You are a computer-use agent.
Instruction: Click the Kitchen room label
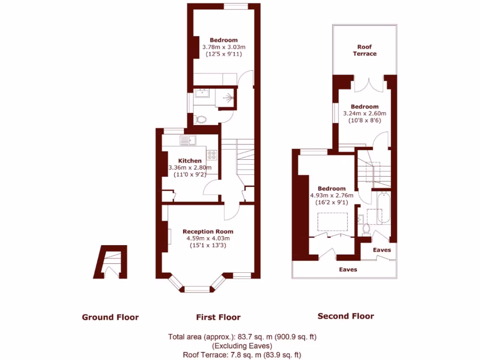190,161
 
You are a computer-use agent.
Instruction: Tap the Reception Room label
208,232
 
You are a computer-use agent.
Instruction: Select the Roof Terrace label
365,50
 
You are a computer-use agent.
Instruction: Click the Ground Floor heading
110,317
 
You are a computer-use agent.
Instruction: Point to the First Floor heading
218,317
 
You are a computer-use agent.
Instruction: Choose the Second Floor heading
346,316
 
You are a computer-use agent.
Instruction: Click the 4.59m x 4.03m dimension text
208,238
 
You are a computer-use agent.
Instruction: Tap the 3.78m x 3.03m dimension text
224,47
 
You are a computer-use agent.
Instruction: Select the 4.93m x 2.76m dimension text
332,195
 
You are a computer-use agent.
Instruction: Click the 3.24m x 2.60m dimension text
365,113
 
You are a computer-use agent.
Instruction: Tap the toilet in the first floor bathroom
201,119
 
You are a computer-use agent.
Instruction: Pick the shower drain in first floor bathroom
229,98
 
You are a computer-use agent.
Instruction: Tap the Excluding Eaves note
242,346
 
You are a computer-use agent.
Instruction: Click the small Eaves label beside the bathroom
382,250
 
